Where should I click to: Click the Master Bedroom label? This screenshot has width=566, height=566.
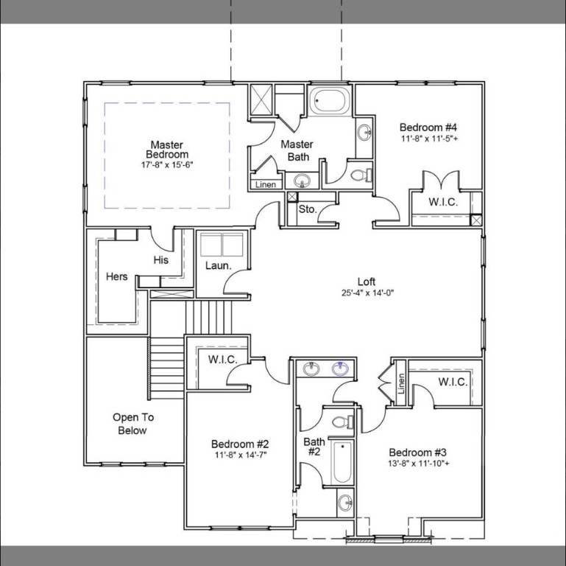coord(166,150)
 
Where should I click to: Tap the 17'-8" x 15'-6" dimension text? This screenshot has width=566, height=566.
coord(166,165)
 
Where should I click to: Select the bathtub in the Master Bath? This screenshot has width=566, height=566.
coord(329,101)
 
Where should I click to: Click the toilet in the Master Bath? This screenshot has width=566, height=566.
coord(360,175)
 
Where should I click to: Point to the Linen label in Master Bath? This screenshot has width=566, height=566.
coord(266,184)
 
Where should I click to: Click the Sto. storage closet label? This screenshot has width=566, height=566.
coord(308,209)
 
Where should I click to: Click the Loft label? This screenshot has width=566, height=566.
coord(367,282)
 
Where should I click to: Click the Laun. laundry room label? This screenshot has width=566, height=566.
coord(219,265)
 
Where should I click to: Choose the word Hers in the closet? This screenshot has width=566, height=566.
coord(116,277)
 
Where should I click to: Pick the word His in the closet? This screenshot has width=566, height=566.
coord(160,259)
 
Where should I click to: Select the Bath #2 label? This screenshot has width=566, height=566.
coord(314,447)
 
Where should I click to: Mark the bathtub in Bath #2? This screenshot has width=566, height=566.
coord(342,462)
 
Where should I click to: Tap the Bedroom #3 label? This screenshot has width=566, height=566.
coord(418,452)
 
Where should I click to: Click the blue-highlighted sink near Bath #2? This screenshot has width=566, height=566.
coord(341,368)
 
